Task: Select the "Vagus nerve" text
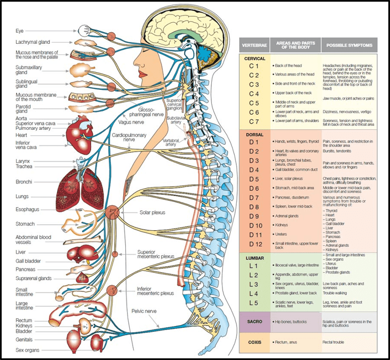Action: pyautogui.click(x=133, y=121)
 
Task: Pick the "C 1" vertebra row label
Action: pyautogui.click(x=254, y=66)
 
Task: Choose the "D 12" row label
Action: pyautogui.click(x=255, y=245)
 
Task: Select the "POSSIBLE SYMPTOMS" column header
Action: pyautogui.click(x=348, y=45)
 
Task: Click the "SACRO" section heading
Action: pyautogui.click(x=255, y=321)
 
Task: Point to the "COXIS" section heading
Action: pyautogui.click(x=255, y=342)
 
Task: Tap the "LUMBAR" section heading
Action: pyautogui.click(x=255, y=257)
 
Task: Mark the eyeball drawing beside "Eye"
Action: pyautogui.click(x=85, y=30)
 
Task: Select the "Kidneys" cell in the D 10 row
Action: pyautogui.click(x=282, y=226)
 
